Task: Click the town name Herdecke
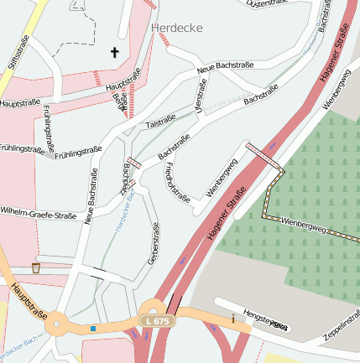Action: pos(177,28)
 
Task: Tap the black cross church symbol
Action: pos(115,53)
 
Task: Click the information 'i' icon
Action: pos(233,319)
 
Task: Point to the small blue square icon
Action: pos(92,329)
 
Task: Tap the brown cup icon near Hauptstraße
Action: pos(36,268)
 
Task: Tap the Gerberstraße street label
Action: pos(154,244)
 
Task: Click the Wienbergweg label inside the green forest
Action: pos(303,224)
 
